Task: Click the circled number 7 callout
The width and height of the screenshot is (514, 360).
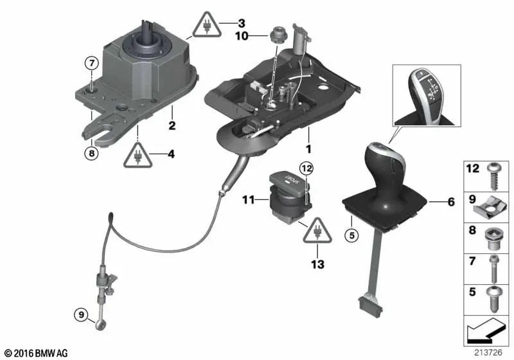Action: pyautogui.click(x=91, y=63)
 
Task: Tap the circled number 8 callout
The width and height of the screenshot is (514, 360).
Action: pyautogui.click(x=91, y=153)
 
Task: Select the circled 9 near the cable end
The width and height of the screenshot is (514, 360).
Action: pyautogui.click(x=81, y=315)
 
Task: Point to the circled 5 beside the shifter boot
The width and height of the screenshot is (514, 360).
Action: pyautogui.click(x=351, y=235)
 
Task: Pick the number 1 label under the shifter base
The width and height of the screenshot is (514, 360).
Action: pyautogui.click(x=308, y=148)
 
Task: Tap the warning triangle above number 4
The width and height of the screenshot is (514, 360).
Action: pyautogui.click(x=137, y=156)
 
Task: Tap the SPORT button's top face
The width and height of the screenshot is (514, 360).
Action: pyautogui.click(x=287, y=178)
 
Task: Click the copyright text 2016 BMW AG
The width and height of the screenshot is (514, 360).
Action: pyautogui.click(x=37, y=353)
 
